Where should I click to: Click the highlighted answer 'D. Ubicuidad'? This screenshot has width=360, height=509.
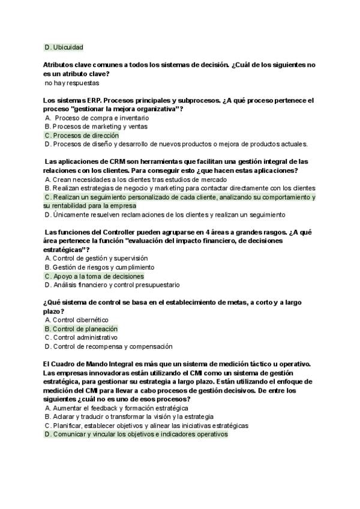pyautogui.click(x=64, y=47)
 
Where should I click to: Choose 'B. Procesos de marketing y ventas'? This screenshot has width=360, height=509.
pyautogui.click(x=96, y=127)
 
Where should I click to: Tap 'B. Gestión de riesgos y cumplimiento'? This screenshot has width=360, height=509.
pyautogui.click(x=99, y=267)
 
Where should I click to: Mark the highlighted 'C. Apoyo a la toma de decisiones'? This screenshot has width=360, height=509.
pyautogui.click(x=94, y=276)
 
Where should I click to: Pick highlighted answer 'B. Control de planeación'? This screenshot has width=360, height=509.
pyautogui.click(x=81, y=329)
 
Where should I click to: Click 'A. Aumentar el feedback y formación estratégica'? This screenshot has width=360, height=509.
pyautogui.click(x=116, y=408)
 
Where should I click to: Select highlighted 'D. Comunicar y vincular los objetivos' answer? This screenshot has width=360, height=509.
pyautogui.click(x=136, y=434)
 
